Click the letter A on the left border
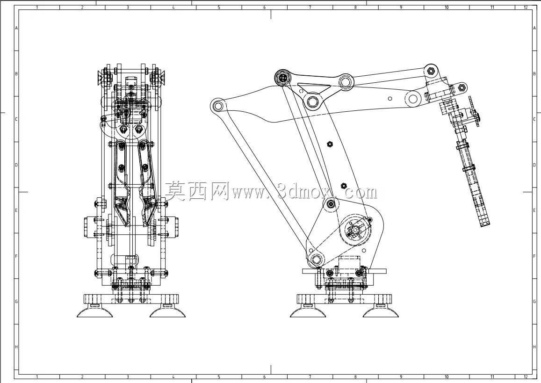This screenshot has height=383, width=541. click(x=16, y=28)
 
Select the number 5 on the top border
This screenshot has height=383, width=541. click(x=219, y=7)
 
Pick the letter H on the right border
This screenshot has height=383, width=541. click(x=534, y=347)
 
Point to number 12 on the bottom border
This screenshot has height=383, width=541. click(x=526, y=377)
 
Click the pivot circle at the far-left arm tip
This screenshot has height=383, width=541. click(x=217, y=105)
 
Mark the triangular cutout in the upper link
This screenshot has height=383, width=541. click(x=314, y=87)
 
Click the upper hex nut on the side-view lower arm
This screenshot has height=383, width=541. click(x=330, y=144)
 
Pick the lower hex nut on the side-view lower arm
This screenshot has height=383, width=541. click(x=343, y=185)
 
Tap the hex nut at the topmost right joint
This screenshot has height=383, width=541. click(x=431, y=71)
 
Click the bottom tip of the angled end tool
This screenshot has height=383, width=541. click(x=485, y=225)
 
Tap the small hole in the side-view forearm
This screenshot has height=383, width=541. click(x=390, y=99)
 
